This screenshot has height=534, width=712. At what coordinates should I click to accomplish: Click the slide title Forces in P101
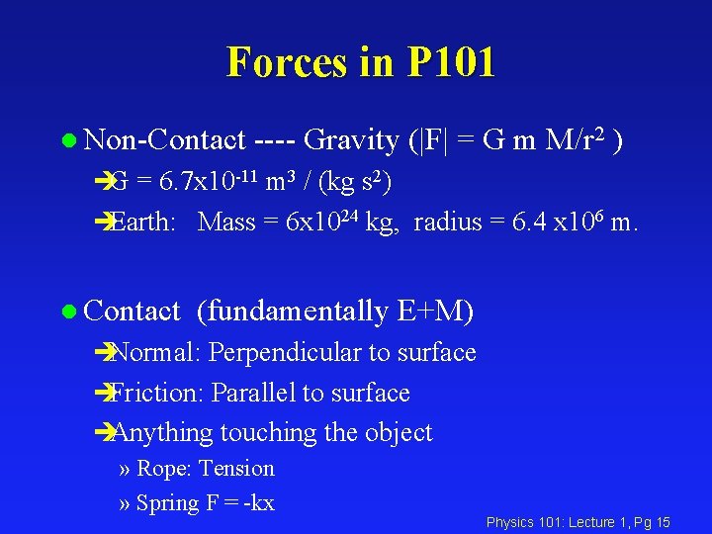361,61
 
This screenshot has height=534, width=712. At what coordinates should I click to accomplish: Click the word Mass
226,222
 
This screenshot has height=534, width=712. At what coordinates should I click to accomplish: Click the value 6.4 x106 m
576,222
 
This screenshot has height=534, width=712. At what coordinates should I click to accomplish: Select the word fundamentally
293,312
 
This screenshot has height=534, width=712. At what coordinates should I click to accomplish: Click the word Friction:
156,394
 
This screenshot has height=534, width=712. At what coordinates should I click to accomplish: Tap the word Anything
163,433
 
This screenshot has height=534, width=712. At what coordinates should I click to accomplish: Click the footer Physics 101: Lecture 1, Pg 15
578,522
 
